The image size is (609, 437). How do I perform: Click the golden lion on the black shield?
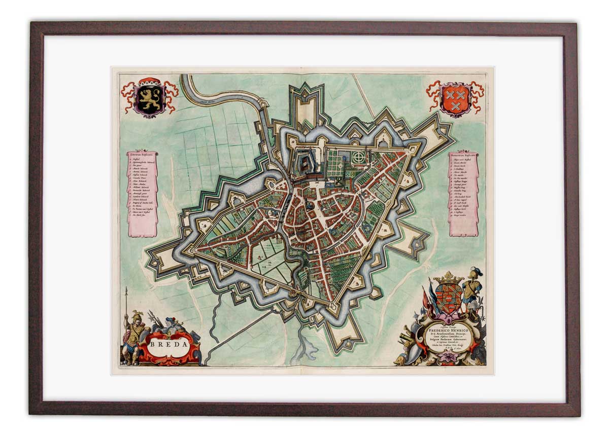point(149,99)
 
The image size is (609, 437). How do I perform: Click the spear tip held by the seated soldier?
point(126,290)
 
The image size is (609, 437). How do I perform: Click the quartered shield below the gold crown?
point(448,297)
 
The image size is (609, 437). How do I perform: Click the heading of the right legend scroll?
point(463,154)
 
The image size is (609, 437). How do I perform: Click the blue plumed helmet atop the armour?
point(475,272)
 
